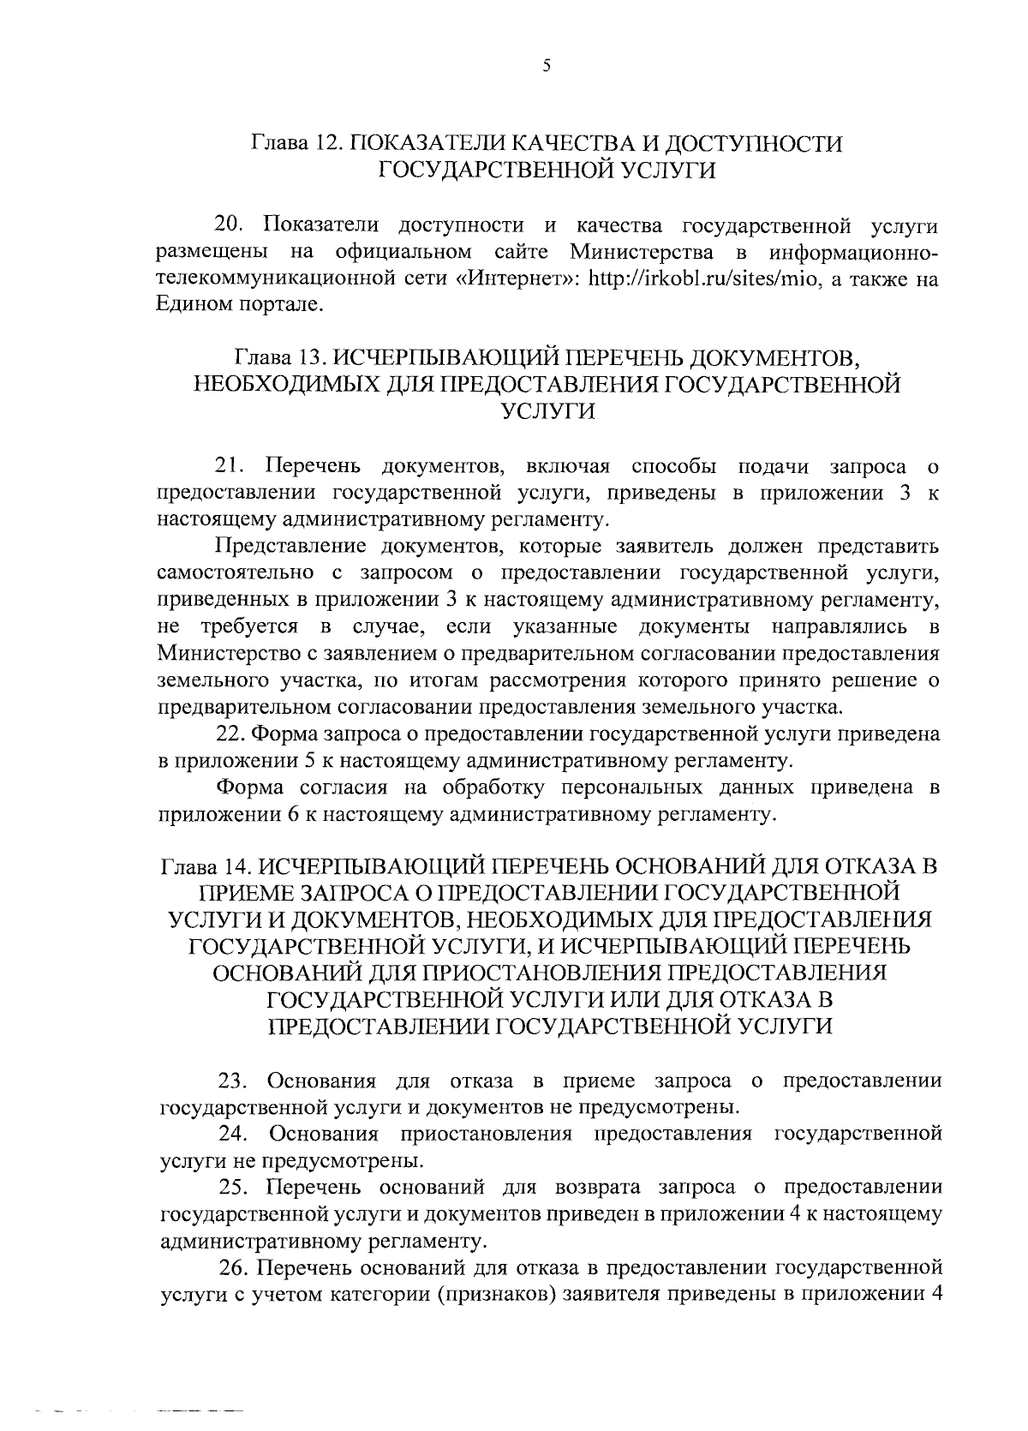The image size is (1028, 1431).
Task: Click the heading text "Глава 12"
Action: coord(296,143)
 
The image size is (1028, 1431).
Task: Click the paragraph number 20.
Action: coord(230,226)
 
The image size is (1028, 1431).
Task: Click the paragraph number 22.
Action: coord(230,734)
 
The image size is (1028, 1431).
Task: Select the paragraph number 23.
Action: coord(231,1081)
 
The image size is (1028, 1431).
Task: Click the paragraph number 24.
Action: coord(232,1135)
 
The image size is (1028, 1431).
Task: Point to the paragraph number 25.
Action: coord(232,1188)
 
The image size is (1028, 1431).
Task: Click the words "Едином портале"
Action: coord(241,306)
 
